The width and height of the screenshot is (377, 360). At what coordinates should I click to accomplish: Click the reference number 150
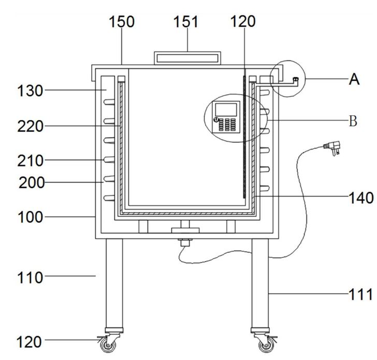tap(122, 22)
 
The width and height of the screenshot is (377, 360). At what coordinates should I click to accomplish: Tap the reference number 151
tap(186, 22)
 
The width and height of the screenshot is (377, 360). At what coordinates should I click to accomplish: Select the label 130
tap(30, 91)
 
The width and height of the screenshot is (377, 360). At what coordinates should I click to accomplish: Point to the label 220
tap(30, 126)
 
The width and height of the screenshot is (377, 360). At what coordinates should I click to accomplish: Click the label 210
tap(30, 160)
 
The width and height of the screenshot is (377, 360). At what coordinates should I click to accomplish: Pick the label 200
tap(32, 183)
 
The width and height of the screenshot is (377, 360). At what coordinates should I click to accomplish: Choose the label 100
tap(30, 217)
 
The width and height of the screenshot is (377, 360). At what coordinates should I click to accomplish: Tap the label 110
tap(30, 277)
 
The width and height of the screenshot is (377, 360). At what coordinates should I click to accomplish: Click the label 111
tap(360, 294)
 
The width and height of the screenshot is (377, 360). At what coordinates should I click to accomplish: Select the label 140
tap(361, 198)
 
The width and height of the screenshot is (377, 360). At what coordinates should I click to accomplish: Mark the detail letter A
tap(354, 79)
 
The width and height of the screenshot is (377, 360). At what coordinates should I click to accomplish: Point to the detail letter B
tap(353, 121)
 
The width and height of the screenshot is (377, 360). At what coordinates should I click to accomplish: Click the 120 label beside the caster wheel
tap(29, 342)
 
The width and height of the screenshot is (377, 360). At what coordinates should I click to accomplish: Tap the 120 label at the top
tap(243, 21)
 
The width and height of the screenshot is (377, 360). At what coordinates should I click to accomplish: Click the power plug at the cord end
tap(333, 147)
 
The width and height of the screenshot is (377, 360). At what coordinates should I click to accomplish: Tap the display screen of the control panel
tap(226, 110)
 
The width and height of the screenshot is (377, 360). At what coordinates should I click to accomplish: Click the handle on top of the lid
tap(187, 58)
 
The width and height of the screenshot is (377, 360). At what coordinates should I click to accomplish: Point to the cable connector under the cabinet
tap(185, 242)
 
